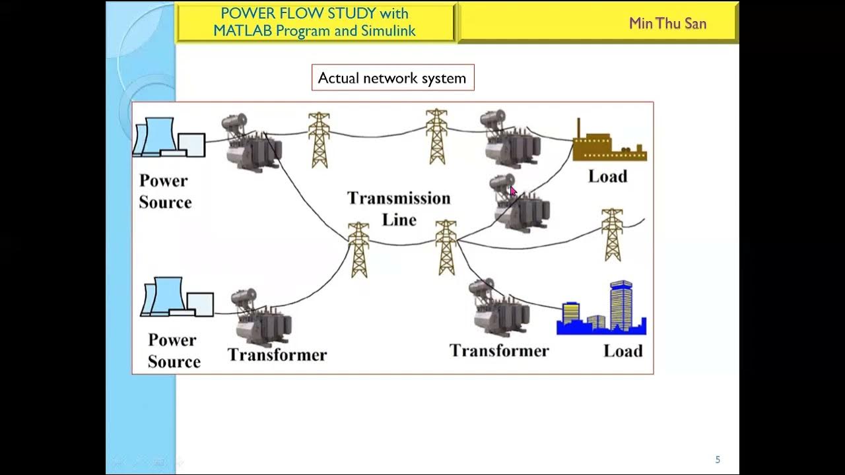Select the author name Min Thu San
pyautogui.click(x=667, y=24)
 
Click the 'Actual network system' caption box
pyautogui.click(x=392, y=78)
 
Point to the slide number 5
pyautogui.click(x=718, y=460)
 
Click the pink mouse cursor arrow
pyautogui.click(x=513, y=191)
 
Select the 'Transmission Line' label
pyautogui.click(x=399, y=208)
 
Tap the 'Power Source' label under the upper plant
pyautogui.click(x=164, y=191)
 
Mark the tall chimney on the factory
pyautogui.click(x=578, y=129)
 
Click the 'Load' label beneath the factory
pyautogui.click(x=607, y=177)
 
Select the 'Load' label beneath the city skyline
pyautogui.click(x=623, y=351)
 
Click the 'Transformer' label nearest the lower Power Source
pyautogui.click(x=277, y=355)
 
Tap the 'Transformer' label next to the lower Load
pyautogui.click(x=499, y=351)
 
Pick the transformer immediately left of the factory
pyautogui.click(x=510, y=139)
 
